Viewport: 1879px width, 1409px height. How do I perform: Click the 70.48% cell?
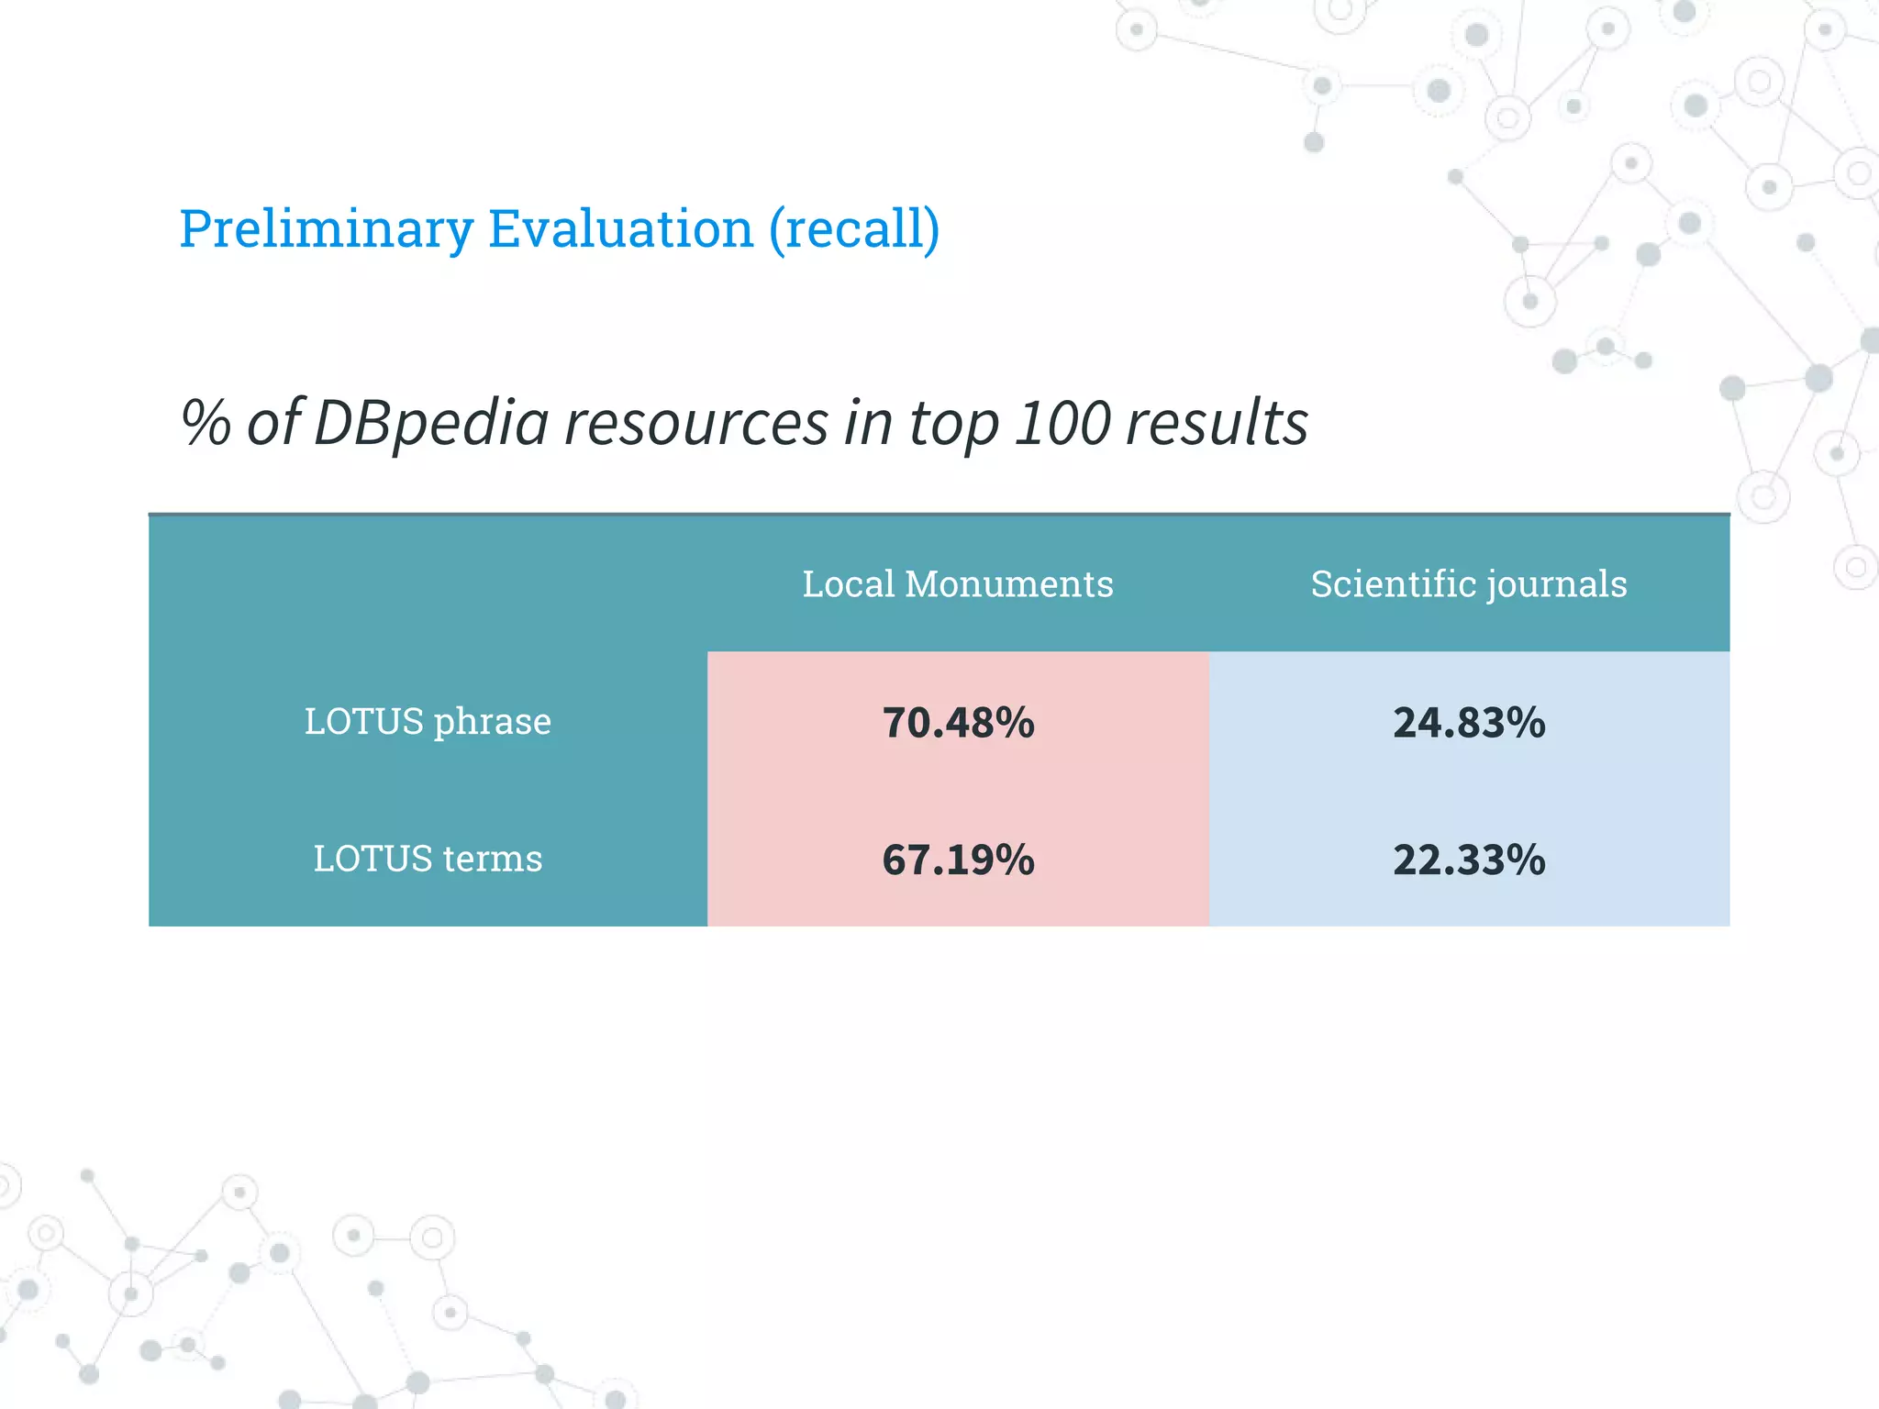[x=958, y=723]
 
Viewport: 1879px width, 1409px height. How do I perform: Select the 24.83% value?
[x=1469, y=723]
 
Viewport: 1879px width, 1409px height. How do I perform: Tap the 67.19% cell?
[x=958, y=860]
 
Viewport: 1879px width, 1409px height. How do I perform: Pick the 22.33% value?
[x=1469, y=860]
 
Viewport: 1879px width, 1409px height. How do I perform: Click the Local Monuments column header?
[x=958, y=584]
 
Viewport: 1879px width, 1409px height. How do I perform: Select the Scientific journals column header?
[x=1469, y=584]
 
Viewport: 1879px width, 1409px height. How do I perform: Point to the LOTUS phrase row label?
[x=428, y=722]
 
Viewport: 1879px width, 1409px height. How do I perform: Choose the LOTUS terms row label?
[x=428, y=860]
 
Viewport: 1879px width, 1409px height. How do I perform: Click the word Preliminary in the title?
[x=326, y=229]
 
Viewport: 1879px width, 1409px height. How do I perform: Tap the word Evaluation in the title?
[x=620, y=229]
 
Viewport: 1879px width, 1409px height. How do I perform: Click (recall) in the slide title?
[x=854, y=229]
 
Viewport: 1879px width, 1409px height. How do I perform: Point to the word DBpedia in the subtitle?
[x=431, y=424]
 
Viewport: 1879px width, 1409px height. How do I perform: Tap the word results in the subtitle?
[x=1217, y=424]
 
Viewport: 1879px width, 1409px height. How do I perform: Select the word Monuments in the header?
[x=1009, y=584]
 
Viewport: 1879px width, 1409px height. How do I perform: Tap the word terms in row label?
[x=493, y=860]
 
